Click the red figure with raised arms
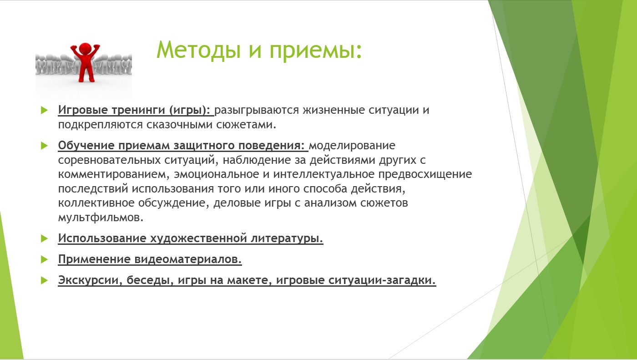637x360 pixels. tap(85, 62)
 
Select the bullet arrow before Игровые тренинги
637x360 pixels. tap(44, 110)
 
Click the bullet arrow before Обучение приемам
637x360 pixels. tap(44, 146)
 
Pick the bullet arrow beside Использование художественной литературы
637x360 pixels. tap(44, 238)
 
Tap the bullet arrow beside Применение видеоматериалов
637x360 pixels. tap(44, 259)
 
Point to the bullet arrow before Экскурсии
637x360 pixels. tap(44, 280)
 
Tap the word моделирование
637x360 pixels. tap(352, 146)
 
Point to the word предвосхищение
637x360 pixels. tap(425, 174)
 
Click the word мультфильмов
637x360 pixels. tap(101, 218)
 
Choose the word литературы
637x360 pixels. tap(287, 238)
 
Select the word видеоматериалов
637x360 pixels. tap(188, 259)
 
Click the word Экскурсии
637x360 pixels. tap(90, 280)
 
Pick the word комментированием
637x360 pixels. tap(112, 174)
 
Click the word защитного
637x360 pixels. tap(204, 146)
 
